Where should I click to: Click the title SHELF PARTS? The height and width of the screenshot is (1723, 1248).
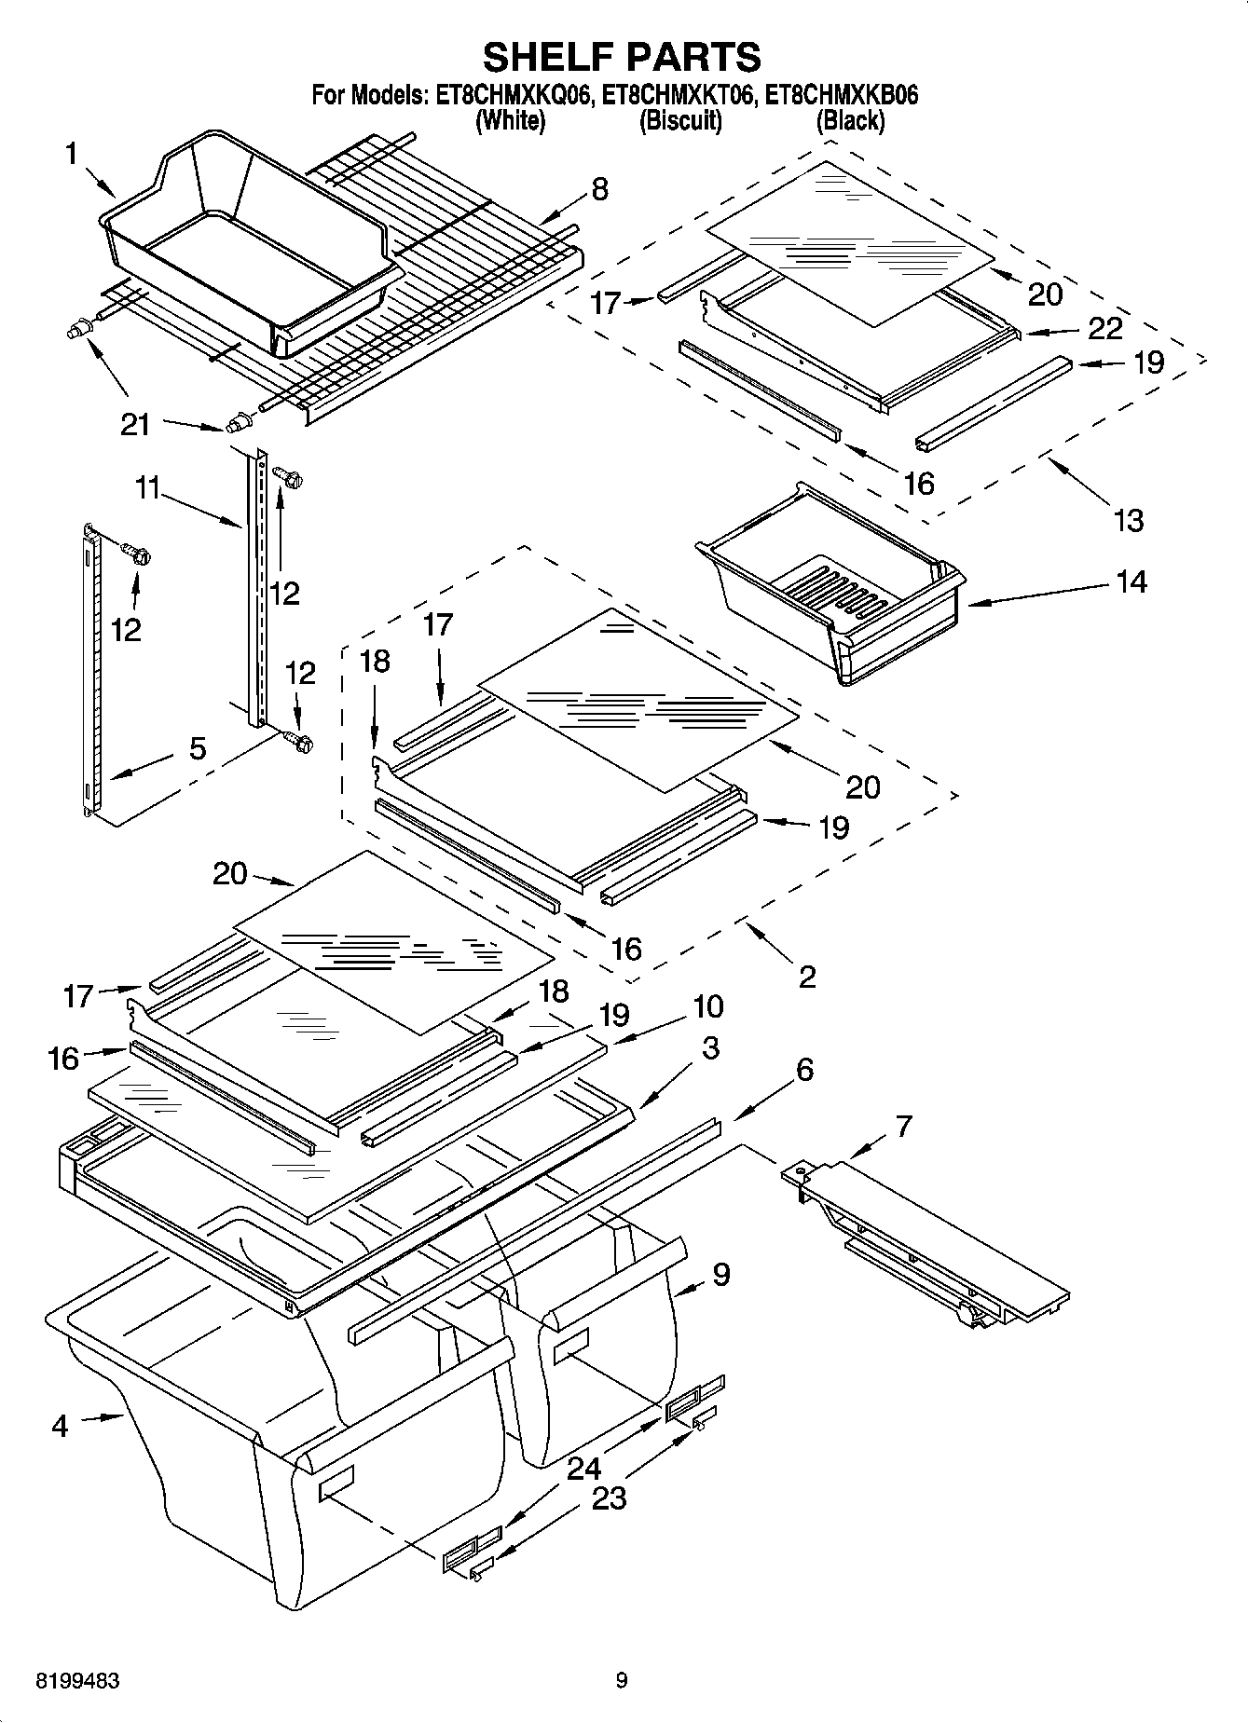622,57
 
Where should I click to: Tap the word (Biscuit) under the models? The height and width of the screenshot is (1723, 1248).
679,120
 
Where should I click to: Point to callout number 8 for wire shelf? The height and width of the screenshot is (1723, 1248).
599,189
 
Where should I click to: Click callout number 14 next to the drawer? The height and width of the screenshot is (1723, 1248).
1131,581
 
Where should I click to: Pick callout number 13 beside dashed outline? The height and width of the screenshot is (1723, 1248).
1129,519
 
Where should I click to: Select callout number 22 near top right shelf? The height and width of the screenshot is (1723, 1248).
1104,328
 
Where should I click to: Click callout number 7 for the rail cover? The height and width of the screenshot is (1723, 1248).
903,1127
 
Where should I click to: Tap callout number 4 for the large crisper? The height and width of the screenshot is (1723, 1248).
60,1426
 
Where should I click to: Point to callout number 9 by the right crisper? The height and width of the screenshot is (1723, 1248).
720,1275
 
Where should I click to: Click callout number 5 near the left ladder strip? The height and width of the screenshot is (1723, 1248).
197,748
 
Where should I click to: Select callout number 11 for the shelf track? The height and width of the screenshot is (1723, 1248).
148,488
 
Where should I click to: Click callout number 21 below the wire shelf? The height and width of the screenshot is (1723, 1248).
135,425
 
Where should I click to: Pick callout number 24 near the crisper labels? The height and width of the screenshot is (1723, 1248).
583,1469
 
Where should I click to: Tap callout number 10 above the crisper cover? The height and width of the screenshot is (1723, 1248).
707,1006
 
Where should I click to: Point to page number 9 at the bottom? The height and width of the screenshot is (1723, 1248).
622,1681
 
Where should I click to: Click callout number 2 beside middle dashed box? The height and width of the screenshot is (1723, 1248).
807,977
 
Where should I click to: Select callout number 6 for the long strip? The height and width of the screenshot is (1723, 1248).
804,1069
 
